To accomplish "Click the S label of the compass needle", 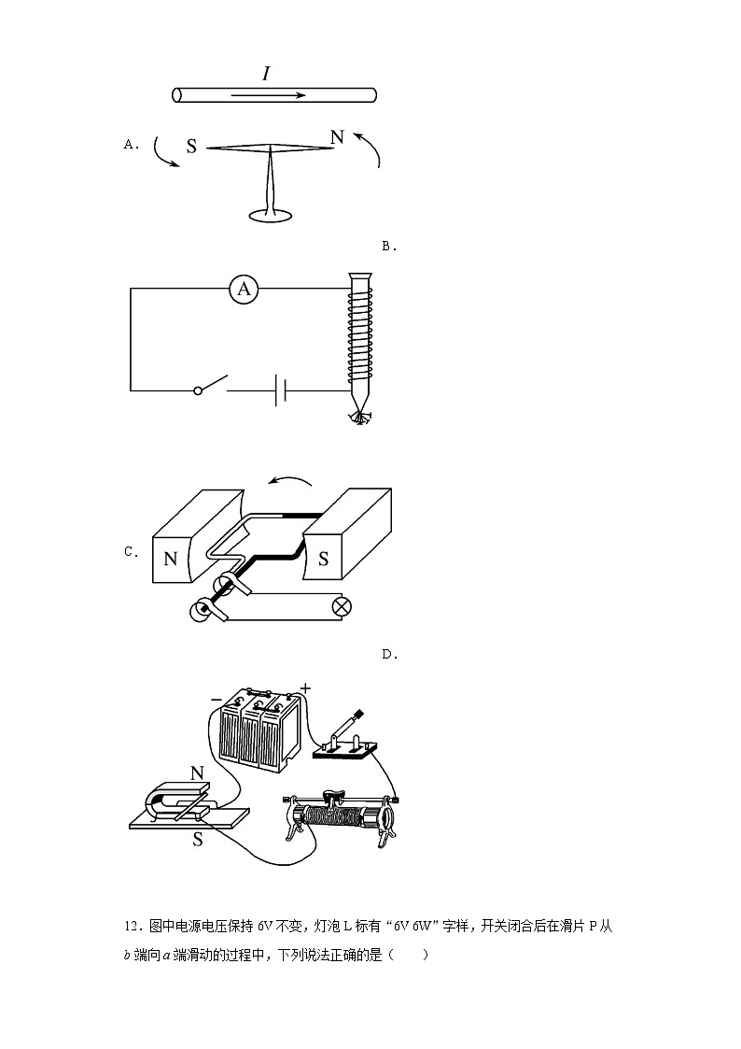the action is (x=191, y=147).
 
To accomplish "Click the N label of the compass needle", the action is (x=337, y=137).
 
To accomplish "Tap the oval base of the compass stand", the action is (x=272, y=216).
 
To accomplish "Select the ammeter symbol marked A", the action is (x=244, y=290).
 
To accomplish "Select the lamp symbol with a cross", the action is (x=343, y=606).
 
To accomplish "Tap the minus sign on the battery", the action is (x=216, y=698).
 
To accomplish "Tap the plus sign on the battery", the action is (x=305, y=689).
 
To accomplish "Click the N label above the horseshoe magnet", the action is (x=197, y=773).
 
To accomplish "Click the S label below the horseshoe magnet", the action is (x=198, y=839).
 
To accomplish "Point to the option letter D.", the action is (x=389, y=655).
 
